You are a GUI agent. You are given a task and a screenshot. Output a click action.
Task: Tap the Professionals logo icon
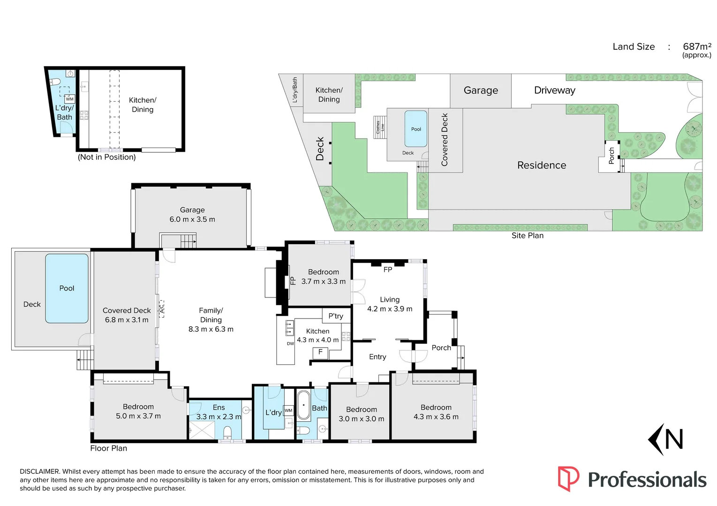[568, 478]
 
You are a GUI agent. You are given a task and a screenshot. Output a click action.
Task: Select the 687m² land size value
[697, 46]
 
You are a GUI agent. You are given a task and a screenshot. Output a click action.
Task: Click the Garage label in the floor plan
[192, 210]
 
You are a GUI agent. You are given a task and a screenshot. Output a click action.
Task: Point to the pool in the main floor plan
[67, 288]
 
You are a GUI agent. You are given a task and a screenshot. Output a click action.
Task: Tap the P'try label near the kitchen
[336, 316]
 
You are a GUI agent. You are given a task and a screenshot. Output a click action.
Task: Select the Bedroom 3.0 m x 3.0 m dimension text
[361, 419]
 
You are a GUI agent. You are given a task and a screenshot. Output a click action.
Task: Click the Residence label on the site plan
[542, 165]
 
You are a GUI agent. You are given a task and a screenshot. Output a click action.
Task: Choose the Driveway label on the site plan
[554, 90]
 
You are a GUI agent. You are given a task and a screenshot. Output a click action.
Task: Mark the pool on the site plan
[416, 129]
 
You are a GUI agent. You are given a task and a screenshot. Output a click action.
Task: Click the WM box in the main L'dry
[288, 410]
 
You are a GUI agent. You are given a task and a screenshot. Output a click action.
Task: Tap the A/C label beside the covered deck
[162, 309]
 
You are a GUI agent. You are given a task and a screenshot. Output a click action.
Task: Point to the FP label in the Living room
[388, 269]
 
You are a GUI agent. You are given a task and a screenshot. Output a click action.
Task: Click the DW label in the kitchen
[290, 343]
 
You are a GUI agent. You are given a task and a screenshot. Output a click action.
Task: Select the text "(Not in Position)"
[107, 157]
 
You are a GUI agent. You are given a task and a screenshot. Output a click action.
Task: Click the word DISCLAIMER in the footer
[40, 471]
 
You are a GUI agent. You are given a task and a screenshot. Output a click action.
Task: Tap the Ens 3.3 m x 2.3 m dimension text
[219, 417]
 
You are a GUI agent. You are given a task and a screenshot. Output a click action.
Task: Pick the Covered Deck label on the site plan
[445, 140]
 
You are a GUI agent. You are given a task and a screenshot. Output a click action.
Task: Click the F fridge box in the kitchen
[321, 352]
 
